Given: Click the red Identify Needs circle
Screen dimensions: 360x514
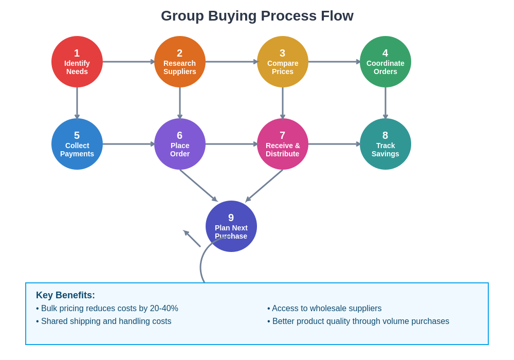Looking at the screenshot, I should point(77,62).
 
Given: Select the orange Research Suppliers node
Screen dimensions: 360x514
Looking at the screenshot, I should point(180,62).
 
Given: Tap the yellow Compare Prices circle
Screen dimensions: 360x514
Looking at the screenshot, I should point(283,62).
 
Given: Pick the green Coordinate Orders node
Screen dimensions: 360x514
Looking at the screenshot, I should point(385,62).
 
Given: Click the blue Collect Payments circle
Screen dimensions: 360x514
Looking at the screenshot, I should point(77,144).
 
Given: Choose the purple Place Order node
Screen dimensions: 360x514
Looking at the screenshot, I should point(180,144).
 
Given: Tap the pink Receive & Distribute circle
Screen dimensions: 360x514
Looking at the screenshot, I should point(283,144).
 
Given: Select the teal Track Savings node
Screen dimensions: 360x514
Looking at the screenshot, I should point(385,144).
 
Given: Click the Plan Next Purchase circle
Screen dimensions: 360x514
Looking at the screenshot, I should point(231,226).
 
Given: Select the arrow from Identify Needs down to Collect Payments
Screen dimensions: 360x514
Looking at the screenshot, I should point(77,103).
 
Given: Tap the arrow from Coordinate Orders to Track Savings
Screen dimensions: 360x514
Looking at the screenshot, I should point(385,103).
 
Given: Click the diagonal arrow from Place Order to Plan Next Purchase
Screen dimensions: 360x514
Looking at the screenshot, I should point(198,185).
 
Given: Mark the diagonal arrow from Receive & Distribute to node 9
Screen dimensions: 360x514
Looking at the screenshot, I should point(264,185).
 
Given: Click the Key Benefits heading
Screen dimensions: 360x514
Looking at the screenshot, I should point(65,295).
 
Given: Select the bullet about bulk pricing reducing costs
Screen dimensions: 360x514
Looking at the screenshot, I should point(107,309).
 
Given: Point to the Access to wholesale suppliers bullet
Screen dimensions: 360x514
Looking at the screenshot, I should point(324,309).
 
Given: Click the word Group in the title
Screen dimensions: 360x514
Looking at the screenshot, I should point(182,16).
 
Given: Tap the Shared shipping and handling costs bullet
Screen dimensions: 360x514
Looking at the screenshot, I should point(104,321).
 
